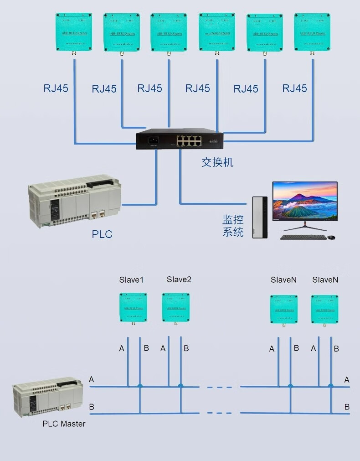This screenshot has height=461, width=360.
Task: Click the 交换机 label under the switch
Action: point(217,162)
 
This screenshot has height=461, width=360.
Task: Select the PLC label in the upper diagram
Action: point(102,234)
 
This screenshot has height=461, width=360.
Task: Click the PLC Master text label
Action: point(64,424)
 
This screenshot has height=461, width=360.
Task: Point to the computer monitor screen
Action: point(305,201)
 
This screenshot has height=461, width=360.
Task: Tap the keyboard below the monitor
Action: point(303,237)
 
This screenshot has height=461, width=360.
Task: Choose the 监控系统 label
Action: point(233,226)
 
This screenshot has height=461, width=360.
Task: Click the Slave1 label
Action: point(131,280)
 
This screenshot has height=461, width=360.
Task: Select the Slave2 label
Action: point(179,280)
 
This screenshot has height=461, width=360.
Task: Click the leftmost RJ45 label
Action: point(56,88)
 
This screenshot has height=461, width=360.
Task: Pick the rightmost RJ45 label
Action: point(294,88)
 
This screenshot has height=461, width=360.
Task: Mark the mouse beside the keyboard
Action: point(331,237)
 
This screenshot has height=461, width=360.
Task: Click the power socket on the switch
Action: point(151,140)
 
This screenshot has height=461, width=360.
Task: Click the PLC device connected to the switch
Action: point(75,201)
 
